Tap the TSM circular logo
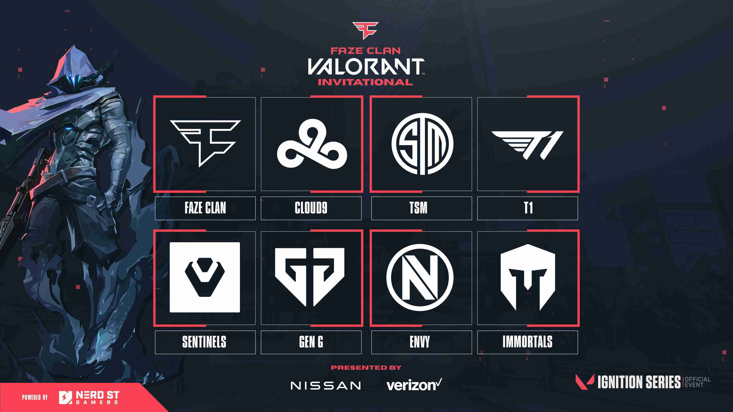click(x=422, y=144)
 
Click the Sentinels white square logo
click(x=205, y=277)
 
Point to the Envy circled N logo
click(x=420, y=277)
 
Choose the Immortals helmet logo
click(x=528, y=277)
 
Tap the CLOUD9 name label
click(x=311, y=208)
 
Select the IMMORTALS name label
click(x=527, y=342)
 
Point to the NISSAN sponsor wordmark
click(x=325, y=386)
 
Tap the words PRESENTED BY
click(x=366, y=368)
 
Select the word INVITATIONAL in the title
click(x=365, y=82)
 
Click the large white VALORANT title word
click(x=365, y=67)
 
